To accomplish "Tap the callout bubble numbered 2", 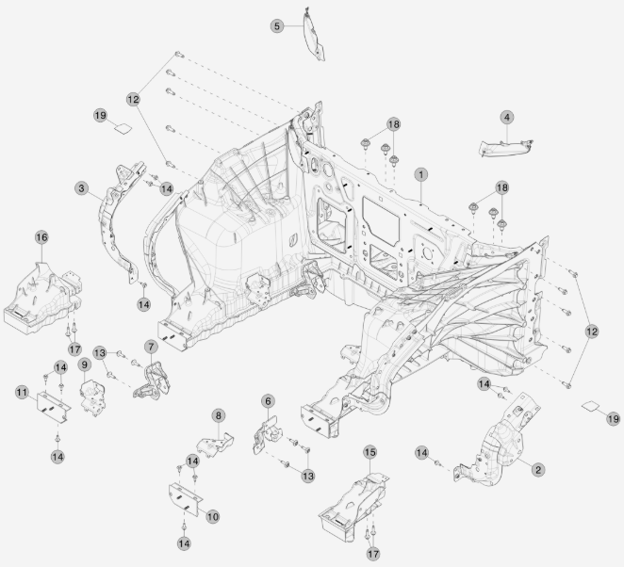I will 537,469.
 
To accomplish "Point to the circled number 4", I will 507,117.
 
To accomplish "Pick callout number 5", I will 277,26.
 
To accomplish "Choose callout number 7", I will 150,347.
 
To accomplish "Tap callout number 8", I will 218,414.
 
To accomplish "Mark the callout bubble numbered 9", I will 84,364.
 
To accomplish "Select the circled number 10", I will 213,516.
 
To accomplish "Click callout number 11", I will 20,390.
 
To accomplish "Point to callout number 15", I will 369,452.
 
